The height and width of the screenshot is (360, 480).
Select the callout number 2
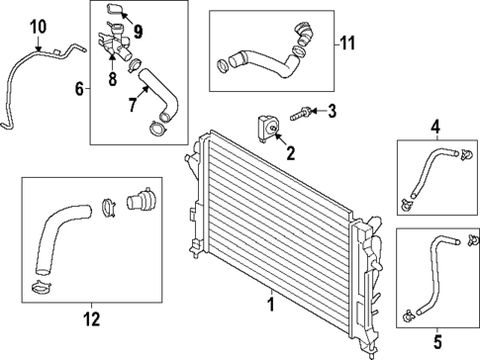coord(291,152)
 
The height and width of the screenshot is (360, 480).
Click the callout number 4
coord(434,126)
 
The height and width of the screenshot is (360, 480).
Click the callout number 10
coord(38,24)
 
